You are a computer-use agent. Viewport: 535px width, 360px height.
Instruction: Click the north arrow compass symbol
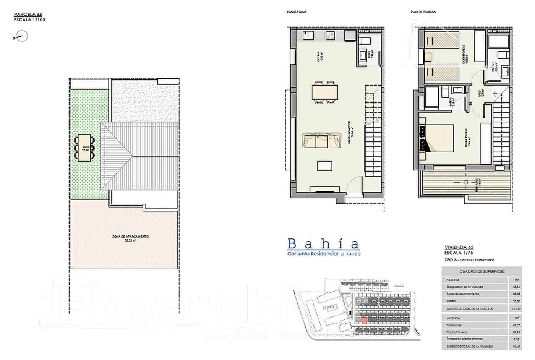[x=22, y=37]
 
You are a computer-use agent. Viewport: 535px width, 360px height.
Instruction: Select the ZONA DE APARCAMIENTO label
[x=130, y=237]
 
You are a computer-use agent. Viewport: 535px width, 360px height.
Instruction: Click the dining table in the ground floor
[x=325, y=92]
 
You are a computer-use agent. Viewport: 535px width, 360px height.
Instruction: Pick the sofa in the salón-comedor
[x=322, y=140]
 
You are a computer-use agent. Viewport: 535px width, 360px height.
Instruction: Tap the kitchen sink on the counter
[x=308, y=36]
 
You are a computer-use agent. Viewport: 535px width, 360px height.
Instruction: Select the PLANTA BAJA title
[x=297, y=12]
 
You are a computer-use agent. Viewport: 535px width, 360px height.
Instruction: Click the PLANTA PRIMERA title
[x=423, y=12]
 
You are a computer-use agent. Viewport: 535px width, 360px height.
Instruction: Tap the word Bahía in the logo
[x=323, y=244]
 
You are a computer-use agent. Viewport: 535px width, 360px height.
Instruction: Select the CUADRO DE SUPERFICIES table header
[x=481, y=271]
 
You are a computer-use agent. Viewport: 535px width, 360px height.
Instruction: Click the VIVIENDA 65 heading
[x=459, y=247]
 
